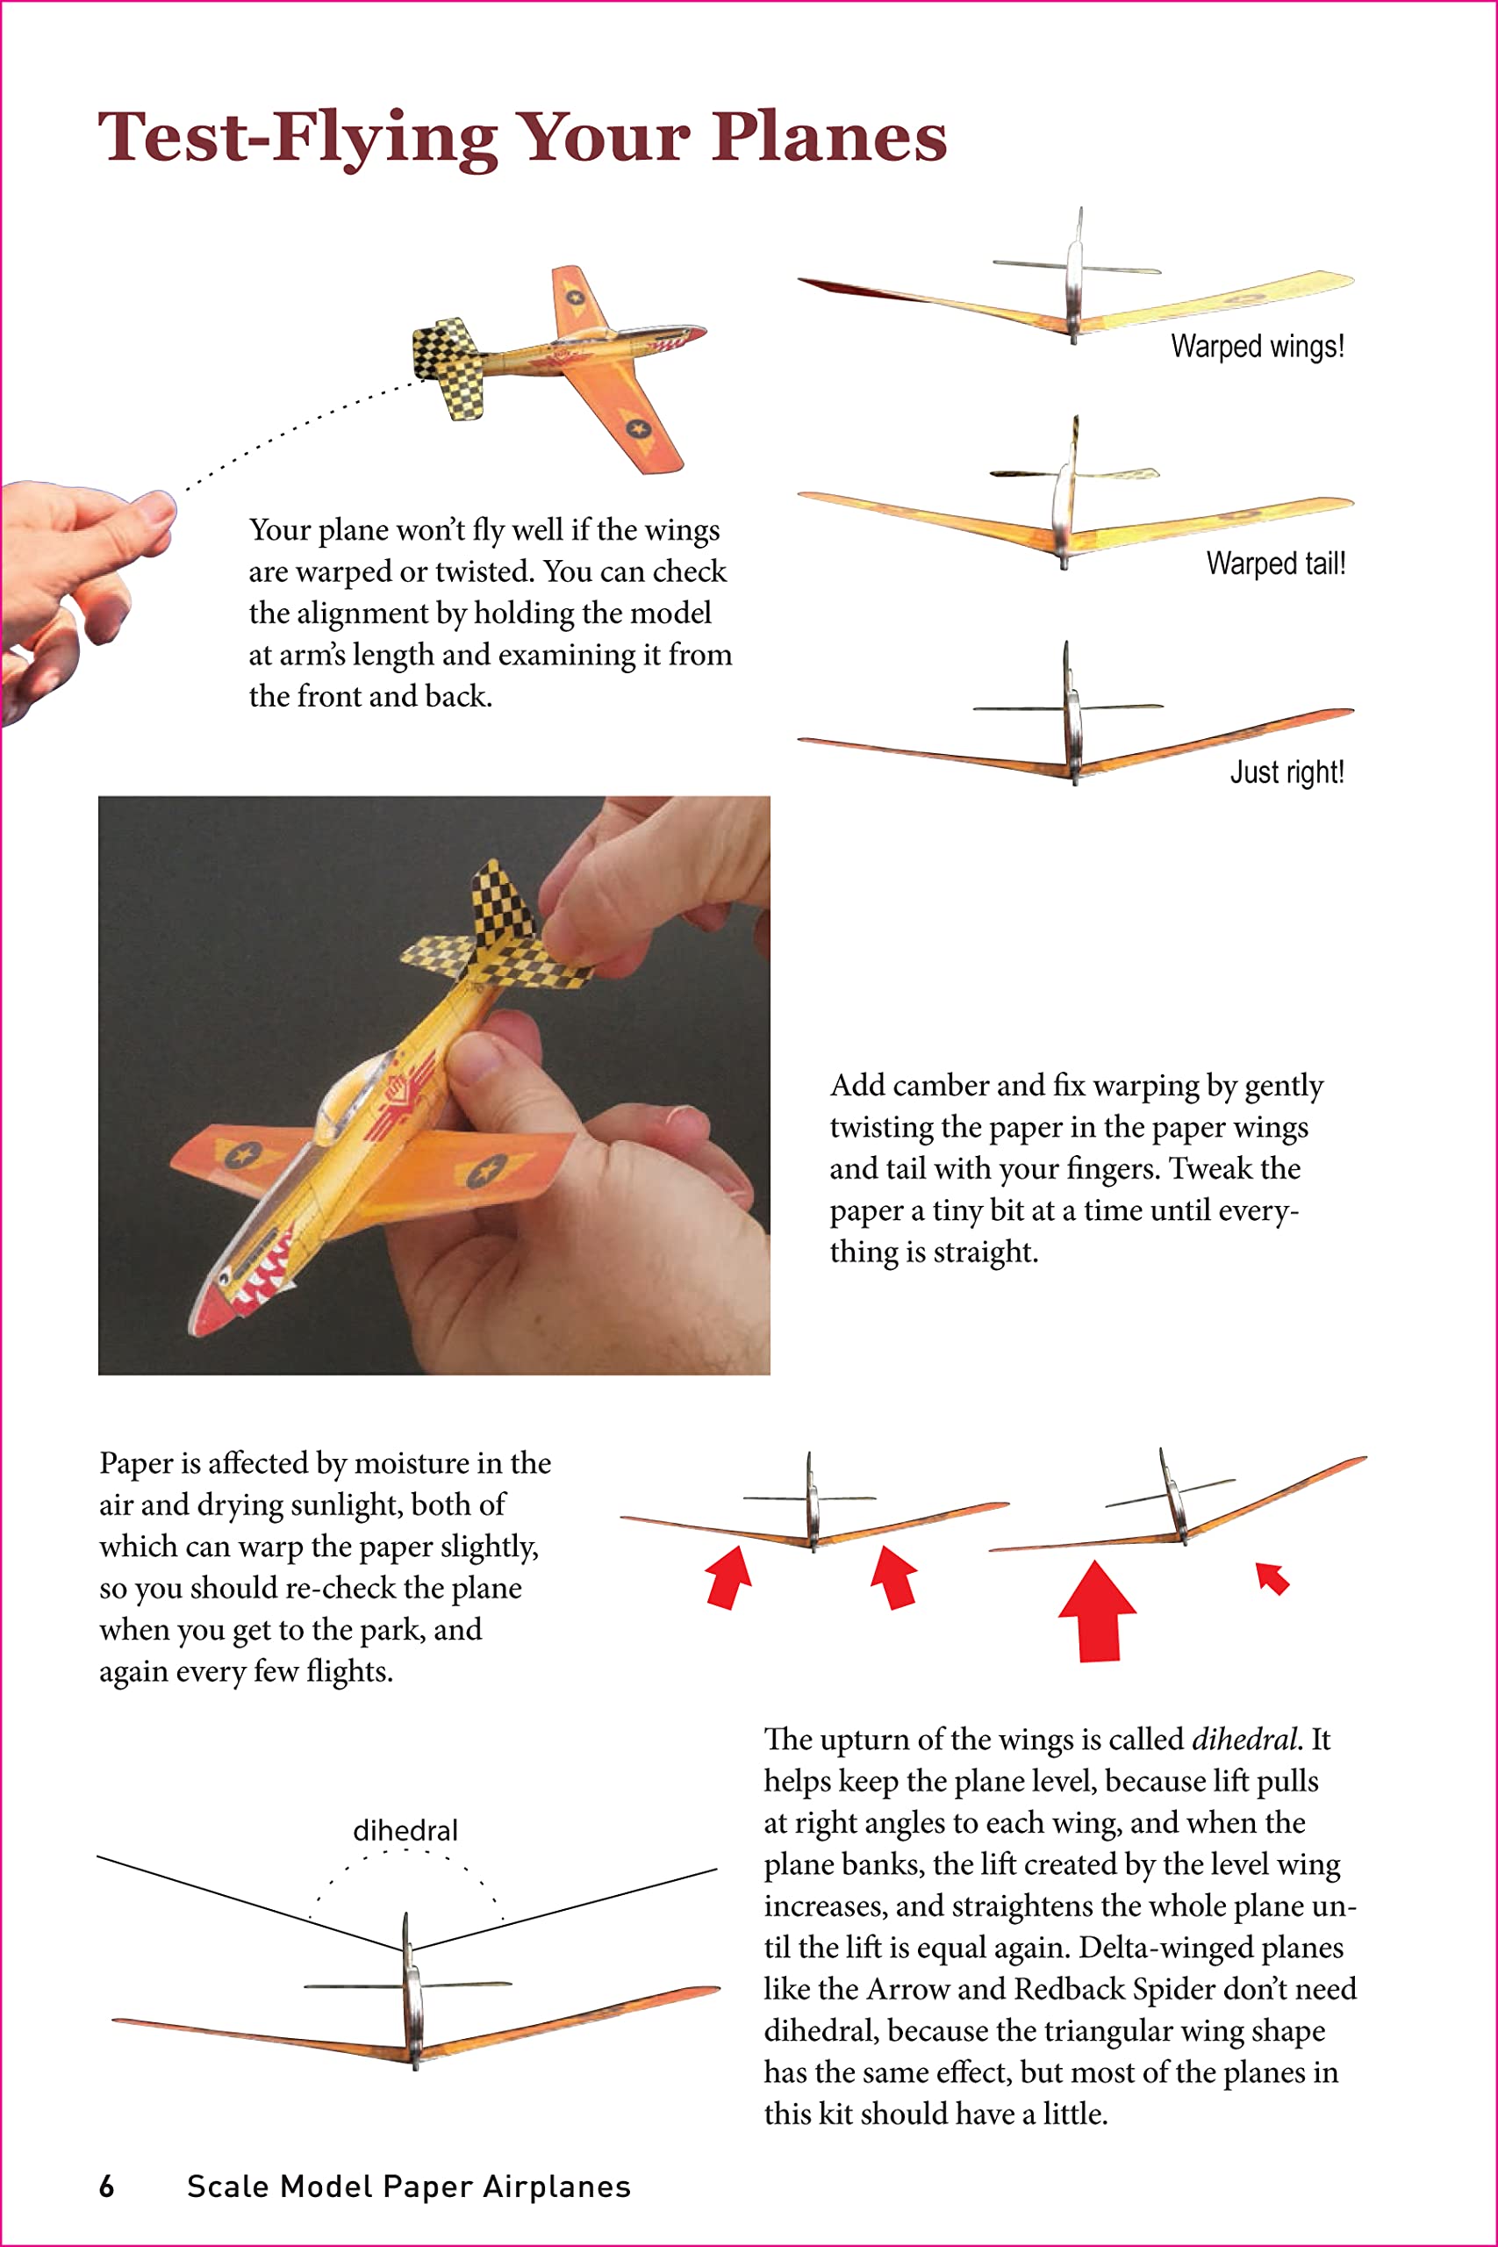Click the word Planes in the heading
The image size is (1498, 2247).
828,137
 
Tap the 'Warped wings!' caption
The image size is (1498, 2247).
1258,346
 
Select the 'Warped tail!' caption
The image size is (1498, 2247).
1275,564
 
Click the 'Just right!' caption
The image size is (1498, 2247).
1286,772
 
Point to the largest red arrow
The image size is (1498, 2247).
1098,1611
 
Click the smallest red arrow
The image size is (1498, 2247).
1272,1578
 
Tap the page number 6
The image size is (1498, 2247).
107,2186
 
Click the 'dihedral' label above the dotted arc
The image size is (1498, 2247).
405,1830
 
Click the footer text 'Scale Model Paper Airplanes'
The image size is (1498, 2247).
409,2186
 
